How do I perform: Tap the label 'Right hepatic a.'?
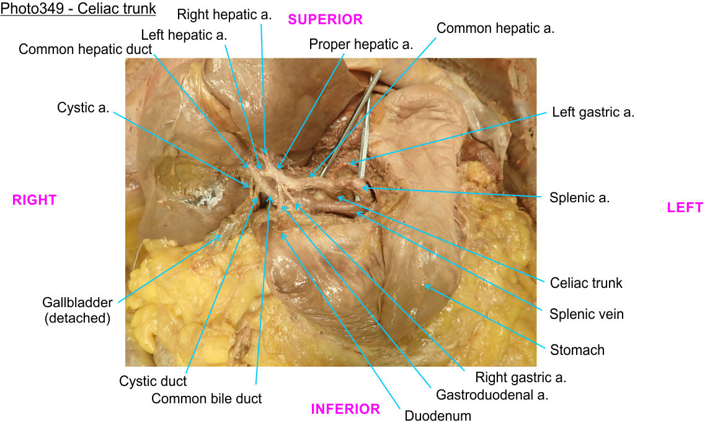tap(224, 14)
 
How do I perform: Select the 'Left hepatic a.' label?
tap(184, 35)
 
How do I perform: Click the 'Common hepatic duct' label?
tap(86, 49)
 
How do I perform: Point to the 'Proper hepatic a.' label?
tap(361, 44)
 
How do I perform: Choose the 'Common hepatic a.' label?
tap(495, 28)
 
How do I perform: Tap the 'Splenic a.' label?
tap(579, 198)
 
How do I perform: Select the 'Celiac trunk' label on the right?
tap(586, 283)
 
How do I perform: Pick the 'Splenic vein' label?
tap(587, 314)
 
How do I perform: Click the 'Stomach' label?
tap(577, 350)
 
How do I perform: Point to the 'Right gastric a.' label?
tap(520, 377)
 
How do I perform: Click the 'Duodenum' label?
tap(438, 416)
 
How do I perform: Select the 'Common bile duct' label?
tap(207, 398)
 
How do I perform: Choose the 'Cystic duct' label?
tap(153, 381)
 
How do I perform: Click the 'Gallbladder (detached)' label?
tap(78, 310)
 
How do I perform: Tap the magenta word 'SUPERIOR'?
tap(325, 20)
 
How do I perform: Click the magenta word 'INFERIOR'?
tap(345, 409)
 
